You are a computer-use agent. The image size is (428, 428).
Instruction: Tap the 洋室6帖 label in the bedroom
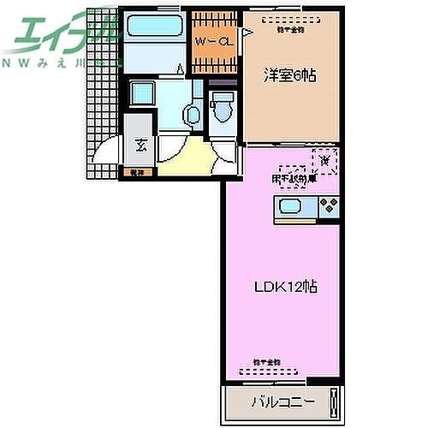click(x=289, y=76)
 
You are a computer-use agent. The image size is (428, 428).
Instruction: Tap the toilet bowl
click(x=222, y=109)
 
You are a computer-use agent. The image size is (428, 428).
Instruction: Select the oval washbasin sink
click(x=192, y=112)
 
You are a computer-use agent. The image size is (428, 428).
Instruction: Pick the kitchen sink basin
click(x=287, y=205)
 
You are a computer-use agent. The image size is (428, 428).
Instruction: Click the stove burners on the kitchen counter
click(x=329, y=205)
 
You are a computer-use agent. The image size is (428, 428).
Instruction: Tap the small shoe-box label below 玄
click(x=138, y=171)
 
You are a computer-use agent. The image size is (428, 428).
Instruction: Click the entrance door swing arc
click(x=107, y=154)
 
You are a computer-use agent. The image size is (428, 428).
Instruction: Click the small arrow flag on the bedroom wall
click(x=246, y=31)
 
